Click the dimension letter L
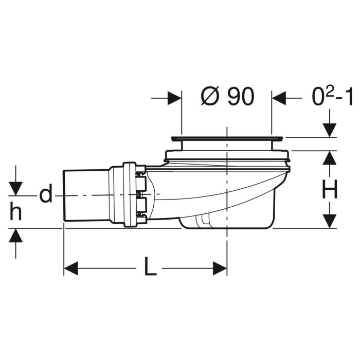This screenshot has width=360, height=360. click(151, 266)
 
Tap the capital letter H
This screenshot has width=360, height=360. click(330, 189)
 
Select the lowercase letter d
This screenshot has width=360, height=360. click(46, 193)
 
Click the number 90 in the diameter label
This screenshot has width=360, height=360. click(241, 97)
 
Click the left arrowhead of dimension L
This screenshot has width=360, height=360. click(71, 268)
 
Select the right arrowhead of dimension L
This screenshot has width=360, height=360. click(220, 268)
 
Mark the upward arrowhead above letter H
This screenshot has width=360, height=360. click(330, 157)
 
